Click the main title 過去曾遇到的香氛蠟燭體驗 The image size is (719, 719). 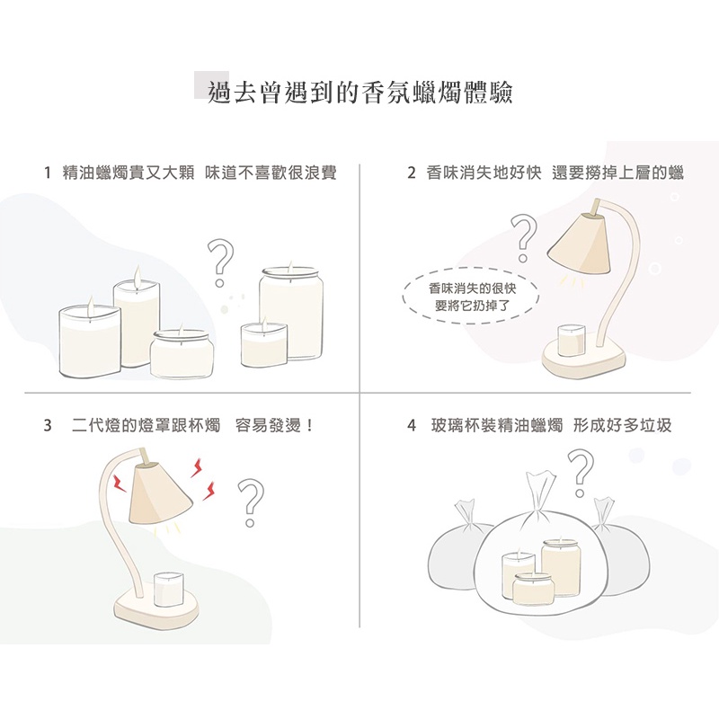tap(359, 93)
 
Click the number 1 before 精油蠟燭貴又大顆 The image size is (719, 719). tap(48, 173)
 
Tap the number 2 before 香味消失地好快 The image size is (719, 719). tap(412, 173)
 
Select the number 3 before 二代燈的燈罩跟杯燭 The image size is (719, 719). tap(48, 425)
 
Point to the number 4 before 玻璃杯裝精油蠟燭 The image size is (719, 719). tap(412, 425)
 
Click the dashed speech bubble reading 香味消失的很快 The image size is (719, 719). tap(470, 297)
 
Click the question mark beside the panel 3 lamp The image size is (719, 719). tap(251, 502)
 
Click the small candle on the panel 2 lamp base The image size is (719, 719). tap(571, 340)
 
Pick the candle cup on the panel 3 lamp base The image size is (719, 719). tap(168, 589)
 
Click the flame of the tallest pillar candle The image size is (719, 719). tap(137, 276)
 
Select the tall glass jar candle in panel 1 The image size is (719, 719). tap(290, 314)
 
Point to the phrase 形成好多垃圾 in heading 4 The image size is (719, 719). tap(622, 425)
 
